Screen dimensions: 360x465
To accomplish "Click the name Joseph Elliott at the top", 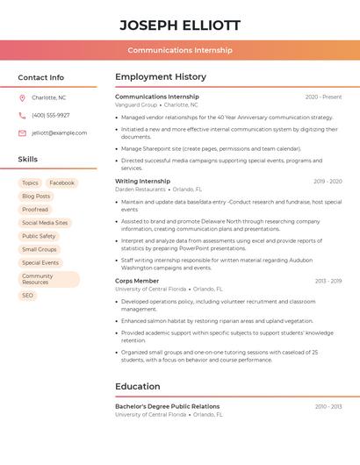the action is pos(180,25).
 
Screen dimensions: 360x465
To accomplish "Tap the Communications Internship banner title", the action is pos(180,50).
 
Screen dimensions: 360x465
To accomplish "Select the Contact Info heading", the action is pos(41,77).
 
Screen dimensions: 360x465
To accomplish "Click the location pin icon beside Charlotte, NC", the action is pos(22,97).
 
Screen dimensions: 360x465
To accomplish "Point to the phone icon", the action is pos(22,115).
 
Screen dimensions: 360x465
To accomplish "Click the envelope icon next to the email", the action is pos(22,133).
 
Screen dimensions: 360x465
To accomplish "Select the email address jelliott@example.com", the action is pos(60,133).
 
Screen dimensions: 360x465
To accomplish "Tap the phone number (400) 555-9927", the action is pos(51,115).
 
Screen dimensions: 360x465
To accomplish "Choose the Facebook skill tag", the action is pos(61,183).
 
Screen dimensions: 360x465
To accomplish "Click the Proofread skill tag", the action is pos(35,210).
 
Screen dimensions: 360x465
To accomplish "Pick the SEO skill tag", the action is pos(28,296).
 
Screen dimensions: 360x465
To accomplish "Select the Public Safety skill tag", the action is pos(39,236).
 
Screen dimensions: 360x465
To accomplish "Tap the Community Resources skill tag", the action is pos(48,279).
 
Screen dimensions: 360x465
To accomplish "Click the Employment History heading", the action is pos(161,77).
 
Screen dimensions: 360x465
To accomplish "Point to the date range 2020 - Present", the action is pos(323,97).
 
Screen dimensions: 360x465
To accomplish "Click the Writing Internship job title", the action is pos(143,182).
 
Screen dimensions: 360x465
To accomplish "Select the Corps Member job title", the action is pos(137,281).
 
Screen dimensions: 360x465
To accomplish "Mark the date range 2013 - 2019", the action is pos(328,281).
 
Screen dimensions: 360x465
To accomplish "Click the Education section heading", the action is pos(138,386).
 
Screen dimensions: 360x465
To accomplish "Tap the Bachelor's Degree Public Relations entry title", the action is pos(168,406).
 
